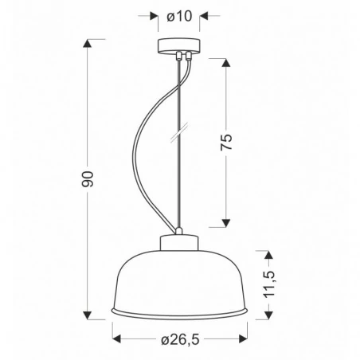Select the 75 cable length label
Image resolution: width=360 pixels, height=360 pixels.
pos(226,143)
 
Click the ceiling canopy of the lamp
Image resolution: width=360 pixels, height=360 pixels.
pos(179,45)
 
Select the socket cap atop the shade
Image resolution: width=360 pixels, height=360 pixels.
pos(180,242)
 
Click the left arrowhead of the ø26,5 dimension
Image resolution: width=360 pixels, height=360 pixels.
pos(117,338)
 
